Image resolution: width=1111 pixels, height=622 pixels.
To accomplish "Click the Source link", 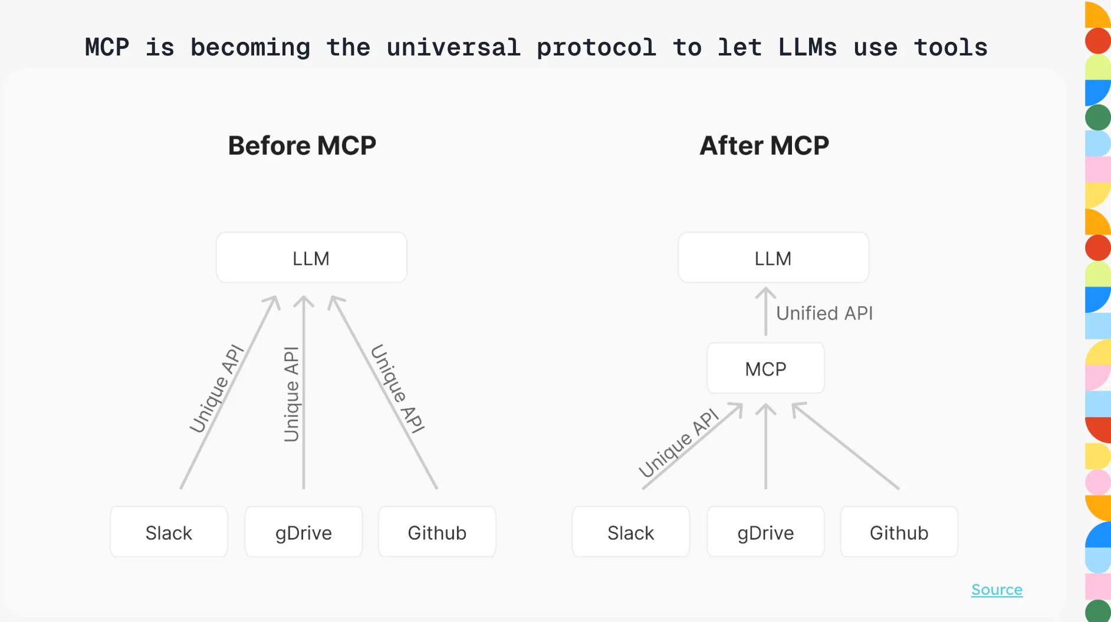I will pos(997,590).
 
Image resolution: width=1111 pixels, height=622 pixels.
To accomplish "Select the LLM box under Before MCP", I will pos(311,258).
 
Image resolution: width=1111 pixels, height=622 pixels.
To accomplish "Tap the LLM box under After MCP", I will pos(773,258).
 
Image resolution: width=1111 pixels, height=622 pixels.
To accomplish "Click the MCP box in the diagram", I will pos(765,369).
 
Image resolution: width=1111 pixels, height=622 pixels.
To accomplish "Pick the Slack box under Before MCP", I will pos(169,532).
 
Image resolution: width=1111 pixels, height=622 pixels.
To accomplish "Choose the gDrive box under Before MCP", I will pos(304,532).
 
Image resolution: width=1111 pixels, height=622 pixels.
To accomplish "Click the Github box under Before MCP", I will pos(437,532).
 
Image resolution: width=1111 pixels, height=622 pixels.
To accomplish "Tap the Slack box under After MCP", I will pos(630,532).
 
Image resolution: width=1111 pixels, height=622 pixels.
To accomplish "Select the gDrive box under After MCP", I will pos(765,532).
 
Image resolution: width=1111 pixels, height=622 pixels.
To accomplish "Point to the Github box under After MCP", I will pos(899,532).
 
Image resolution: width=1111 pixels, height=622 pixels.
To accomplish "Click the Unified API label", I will pos(824,313).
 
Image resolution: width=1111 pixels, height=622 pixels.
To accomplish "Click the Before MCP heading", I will pos(302,146).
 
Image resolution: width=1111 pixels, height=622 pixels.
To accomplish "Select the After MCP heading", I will pos(764,146).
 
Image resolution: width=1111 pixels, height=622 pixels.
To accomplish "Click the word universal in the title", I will pos(453,47).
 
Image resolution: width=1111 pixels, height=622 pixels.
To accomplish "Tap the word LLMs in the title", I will pos(807,47).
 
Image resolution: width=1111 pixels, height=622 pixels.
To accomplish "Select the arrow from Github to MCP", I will pos(846,446).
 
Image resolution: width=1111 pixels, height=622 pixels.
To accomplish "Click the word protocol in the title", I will pos(596,47).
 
